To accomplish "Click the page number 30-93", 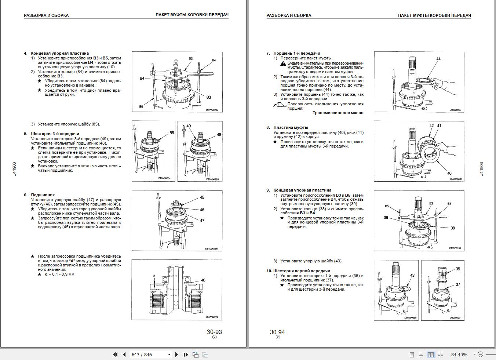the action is point(214,332).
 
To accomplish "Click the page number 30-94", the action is point(277,332).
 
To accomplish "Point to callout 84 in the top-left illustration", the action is point(142,78).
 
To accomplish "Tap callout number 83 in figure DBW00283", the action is point(209,97).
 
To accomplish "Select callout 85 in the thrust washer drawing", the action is point(172,133).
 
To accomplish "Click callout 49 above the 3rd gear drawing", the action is point(189,126).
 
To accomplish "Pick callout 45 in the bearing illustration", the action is point(202,197).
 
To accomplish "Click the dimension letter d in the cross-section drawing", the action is point(154,276).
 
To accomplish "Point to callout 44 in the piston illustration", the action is point(438,59).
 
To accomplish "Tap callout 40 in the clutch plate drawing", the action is point(449,173).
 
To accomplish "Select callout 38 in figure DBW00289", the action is point(453,228).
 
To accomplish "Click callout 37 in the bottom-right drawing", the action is point(458,284).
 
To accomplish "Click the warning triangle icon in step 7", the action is point(283,64).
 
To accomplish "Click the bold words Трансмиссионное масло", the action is point(338,113).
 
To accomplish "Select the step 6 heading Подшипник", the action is point(43,195).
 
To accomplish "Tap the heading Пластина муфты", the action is point(291,127).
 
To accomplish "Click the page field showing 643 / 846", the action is point(150,355).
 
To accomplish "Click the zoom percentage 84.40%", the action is point(459,355).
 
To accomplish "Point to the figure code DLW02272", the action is point(212,317).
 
